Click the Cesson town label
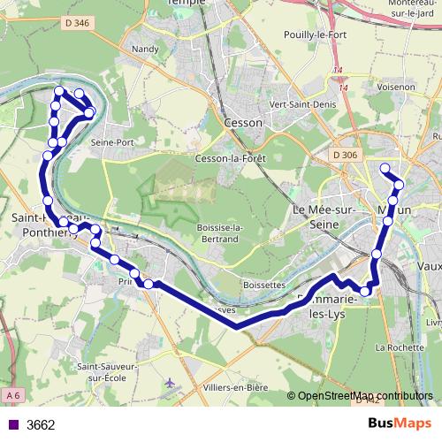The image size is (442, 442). tap(243, 122)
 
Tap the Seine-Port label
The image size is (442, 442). tap(112, 141)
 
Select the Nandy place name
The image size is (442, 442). tap(143, 50)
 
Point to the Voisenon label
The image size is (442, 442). tap(395, 87)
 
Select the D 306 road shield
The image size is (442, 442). tap(347, 156)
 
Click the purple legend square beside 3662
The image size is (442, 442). tap(11, 424)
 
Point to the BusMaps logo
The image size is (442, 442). tap(400, 423)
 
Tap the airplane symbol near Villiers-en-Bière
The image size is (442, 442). tap(171, 382)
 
